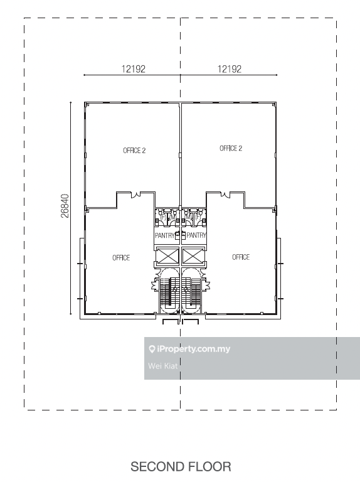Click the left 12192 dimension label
pyautogui.click(x=133, y=70)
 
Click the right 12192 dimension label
pyautogui.click(x=230, y=70)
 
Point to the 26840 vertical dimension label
pyautogui.click(x=65, y=205)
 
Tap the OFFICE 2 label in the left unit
pyautogui.click(x=134, y=151)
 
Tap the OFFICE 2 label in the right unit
pyautogui.click(x=230, y=149)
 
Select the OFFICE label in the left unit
pyautogui.click(x=121, y=258)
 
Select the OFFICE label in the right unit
pyautogui.click(x=241, y=257)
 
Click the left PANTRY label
pyautogui.click(x=164, y=236)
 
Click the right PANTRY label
pyautogui.click(x=197, y=236)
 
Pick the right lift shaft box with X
pyautogui.click(x=193, y=256)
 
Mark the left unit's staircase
pyautogui.click(x=167, y=294)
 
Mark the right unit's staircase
pyautogui.click(x=193, y=294)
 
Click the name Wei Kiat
pyautogui.click(x=162, y=365)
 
